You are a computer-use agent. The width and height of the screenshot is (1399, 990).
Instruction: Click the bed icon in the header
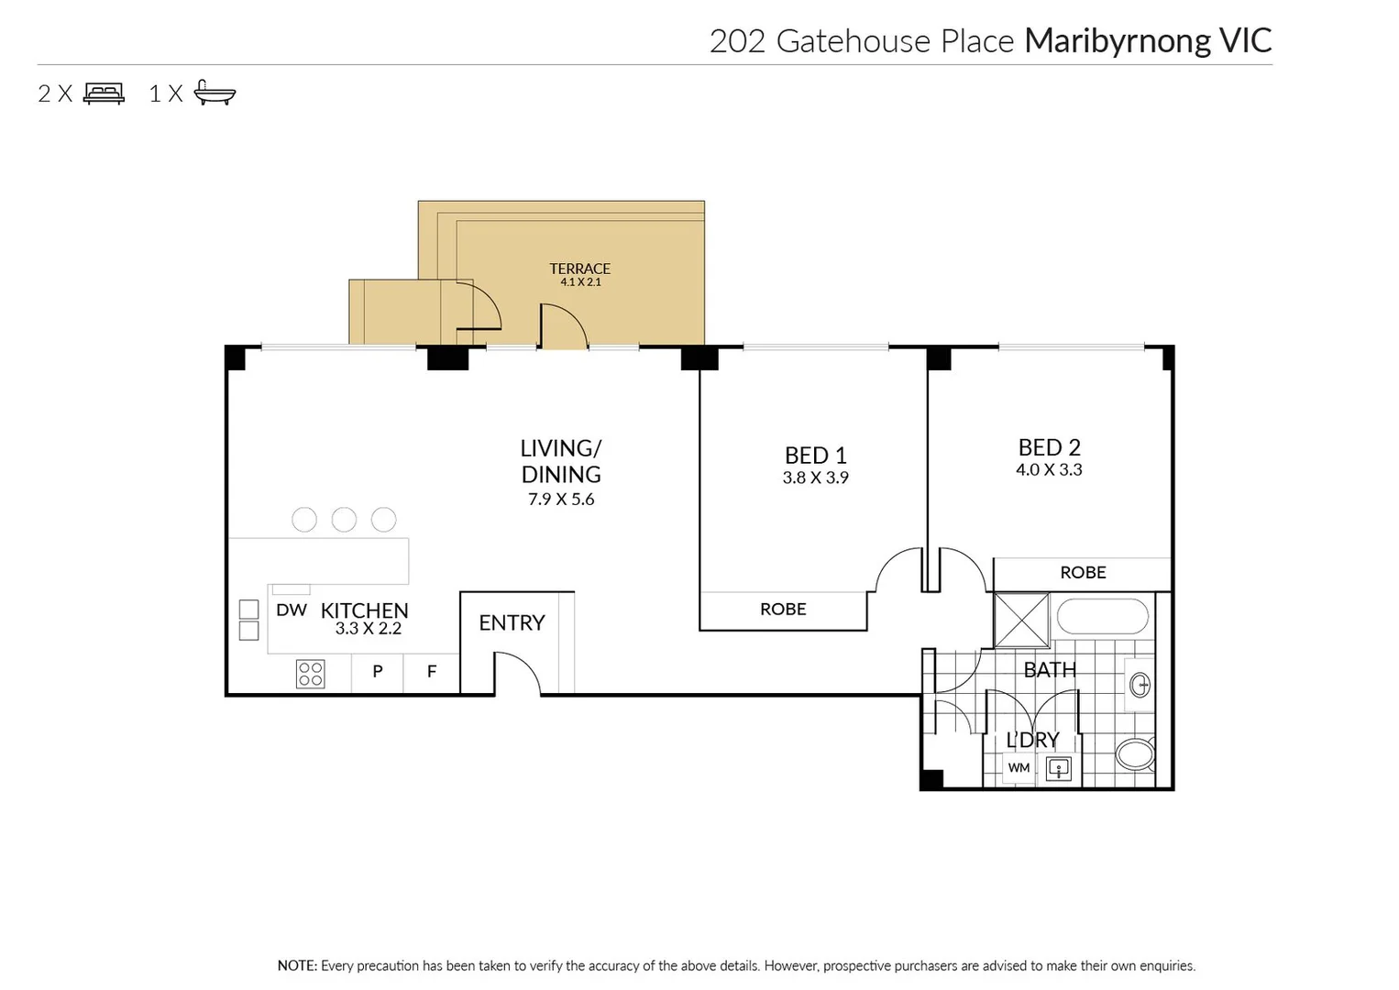pyautogui.click(x=104, y=93)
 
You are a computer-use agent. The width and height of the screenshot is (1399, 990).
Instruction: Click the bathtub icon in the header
pyautogui.click(x=215, y=93)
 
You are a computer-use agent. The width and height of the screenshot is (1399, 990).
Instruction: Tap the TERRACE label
pyautogui.click(x=579, y=269)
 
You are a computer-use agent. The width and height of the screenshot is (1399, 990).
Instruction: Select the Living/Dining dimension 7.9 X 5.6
pyautogui.click(x=561, y=500)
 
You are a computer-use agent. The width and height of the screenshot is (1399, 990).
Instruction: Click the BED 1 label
pyautogui.click(x=815, y=456)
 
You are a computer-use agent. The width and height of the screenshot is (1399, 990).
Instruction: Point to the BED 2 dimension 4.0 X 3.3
pyautogui.click(x=1049, y=470)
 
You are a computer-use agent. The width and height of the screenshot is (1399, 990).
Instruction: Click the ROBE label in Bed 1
pyautogui.click(x=783, y=610)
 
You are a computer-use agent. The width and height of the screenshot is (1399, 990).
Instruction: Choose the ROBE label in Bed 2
pyautogui.click(x=1083, y=573)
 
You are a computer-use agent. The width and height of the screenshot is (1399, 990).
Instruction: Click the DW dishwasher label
pyautogui.click(x=292, y=610)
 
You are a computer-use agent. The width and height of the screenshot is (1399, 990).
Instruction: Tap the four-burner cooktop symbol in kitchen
pyautogui.click(x=311, y=674)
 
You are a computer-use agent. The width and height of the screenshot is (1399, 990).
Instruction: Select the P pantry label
pyautogui.click(x=378, y=672)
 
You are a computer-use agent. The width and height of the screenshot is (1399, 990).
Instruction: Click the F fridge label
pyautogui.click(x=432, y=672)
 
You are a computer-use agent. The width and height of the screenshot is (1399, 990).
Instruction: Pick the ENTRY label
pyautogui.click(x=512, y=623)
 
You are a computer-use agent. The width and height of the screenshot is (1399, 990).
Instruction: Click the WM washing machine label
pyautogui.click(x=1019, y=768)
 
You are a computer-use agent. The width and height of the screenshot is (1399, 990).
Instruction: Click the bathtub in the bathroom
pyautogui.click(x=1102, y=617)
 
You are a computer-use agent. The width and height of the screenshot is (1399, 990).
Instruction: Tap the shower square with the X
pyautogui.click(x=1021, y=621)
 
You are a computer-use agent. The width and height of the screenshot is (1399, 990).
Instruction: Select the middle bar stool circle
pyautogui.click(x=344, y=520)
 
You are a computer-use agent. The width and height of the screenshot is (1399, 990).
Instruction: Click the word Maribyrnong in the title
pyautogui.click(x=1118, y=41)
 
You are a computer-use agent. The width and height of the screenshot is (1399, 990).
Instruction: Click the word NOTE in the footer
pyautogui.click(x=296, y=966)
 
